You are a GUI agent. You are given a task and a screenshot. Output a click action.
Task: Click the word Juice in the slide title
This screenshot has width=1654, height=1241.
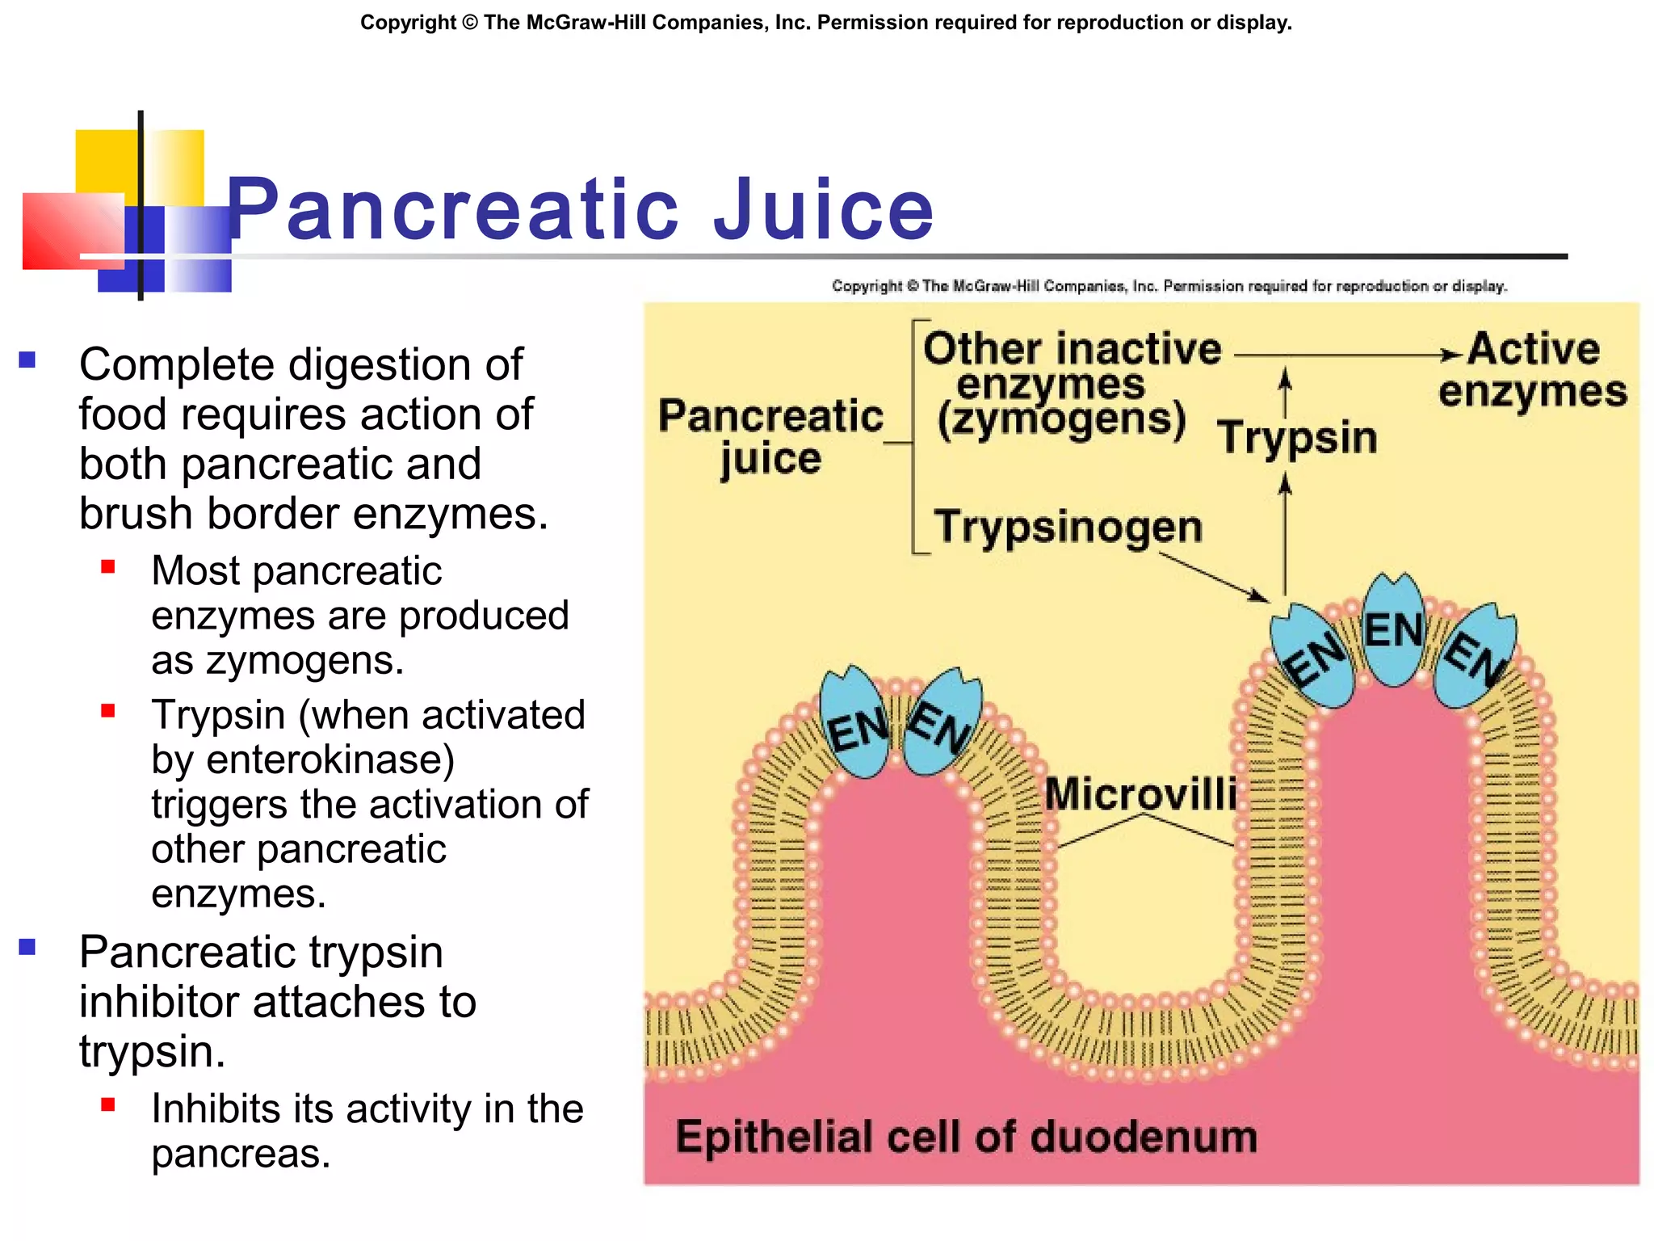pyautogui.click(x=824, y=210)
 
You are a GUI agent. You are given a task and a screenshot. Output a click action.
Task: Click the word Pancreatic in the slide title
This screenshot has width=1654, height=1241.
pyautogui.click(x=452, y=210)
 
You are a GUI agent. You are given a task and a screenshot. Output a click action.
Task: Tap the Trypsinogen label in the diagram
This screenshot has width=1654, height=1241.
pyautogui.click(x=1068, y=527)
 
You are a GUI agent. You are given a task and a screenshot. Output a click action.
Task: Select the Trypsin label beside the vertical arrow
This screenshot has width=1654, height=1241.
pyautogui.click(x=1297, y=437)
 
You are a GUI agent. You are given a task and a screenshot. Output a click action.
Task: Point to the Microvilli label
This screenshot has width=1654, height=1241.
pyautogui.click(x=1140, y=793)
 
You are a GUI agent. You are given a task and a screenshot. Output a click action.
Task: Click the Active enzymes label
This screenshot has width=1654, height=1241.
pyautogui.click(x=1532, y=370)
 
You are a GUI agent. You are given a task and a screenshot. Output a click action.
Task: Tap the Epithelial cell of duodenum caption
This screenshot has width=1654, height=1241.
pyautogui.click(x=966, y=1137)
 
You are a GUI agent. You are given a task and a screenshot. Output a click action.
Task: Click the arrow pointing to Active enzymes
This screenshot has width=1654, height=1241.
pyautogui.click(x=1349, y=355)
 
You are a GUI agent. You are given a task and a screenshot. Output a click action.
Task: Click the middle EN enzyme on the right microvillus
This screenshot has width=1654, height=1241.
pyautogui.click(x=1392, y=630)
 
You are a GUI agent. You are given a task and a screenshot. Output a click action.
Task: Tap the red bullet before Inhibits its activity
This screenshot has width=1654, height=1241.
pyautogui.click(x=108, y=1104)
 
